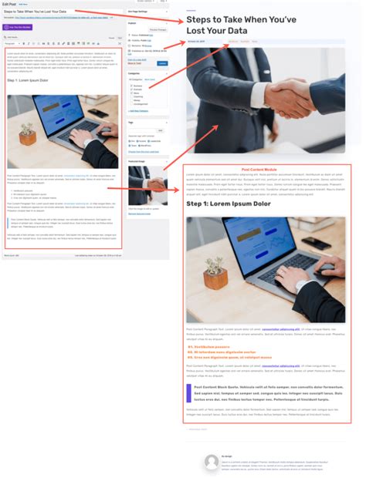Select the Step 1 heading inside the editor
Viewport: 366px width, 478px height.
pos(27,79)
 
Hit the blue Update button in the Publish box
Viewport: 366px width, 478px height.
pos(162,62)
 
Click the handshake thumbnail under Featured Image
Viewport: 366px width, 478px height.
pos(147,185)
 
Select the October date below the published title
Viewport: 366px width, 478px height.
pos(197,42)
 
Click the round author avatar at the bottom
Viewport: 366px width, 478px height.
pos(212,461)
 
